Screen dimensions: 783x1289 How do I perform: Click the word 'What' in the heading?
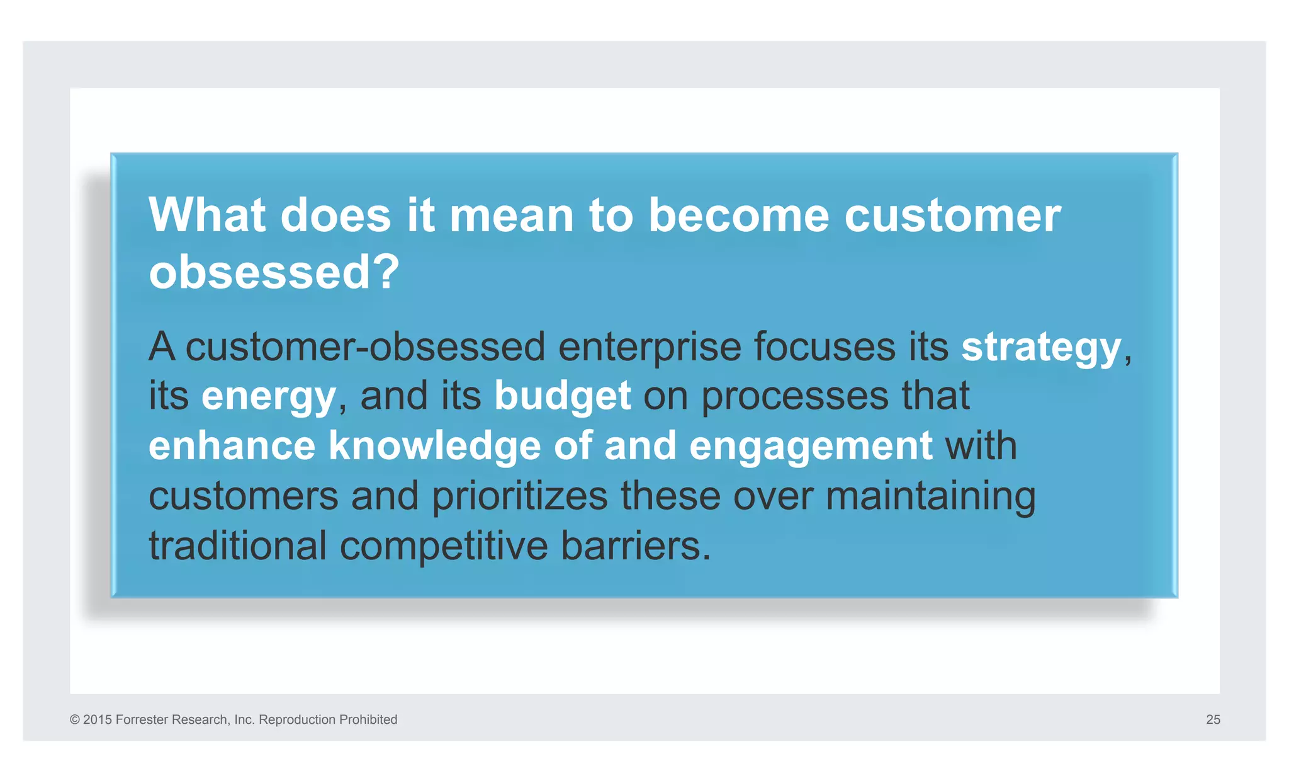207,215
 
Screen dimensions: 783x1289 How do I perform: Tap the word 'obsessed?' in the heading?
274,272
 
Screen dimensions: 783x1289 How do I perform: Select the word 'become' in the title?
738,215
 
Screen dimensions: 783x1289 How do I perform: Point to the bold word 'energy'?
268,397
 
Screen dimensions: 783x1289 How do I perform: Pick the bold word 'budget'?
562,396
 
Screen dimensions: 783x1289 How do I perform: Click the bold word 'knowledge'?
434,446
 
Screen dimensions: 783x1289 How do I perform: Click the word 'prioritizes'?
519,496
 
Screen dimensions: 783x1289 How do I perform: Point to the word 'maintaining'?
930,496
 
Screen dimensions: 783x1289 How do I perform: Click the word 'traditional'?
237,546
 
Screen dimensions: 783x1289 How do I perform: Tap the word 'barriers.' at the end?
636,546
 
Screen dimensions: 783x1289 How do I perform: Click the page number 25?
1213,719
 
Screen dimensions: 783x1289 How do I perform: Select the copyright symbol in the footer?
75,719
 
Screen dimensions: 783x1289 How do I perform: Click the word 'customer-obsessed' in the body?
365,348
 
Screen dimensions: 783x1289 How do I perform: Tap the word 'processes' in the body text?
795,397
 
